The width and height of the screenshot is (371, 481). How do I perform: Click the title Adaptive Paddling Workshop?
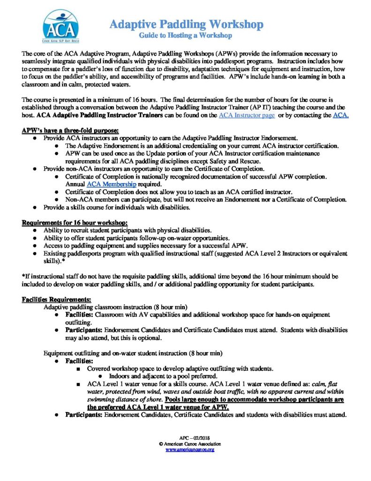click(186, 24)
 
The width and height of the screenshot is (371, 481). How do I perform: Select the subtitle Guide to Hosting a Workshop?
click(186, 35)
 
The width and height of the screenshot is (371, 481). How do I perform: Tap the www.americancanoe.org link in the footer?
click(190, 450)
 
